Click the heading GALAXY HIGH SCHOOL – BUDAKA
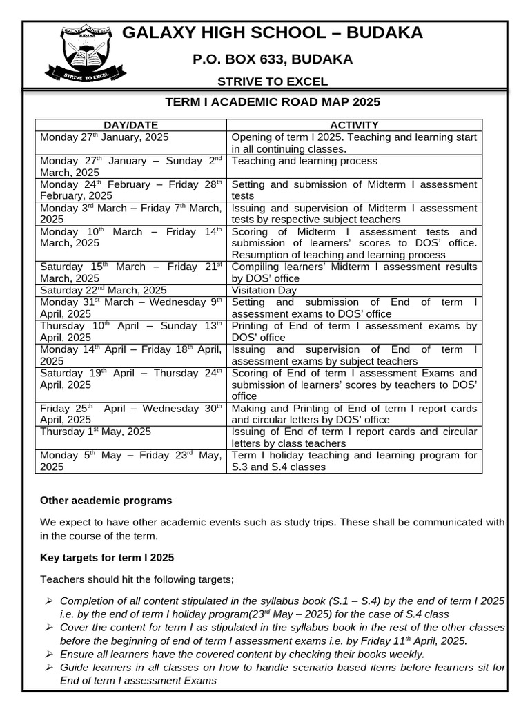pyautogui.click(x=273, y=32)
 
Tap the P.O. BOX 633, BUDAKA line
pyautogui.click(x=273, y=59)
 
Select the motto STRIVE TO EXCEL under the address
pyautogui.click(x=273, y=81)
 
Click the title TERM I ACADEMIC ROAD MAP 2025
pyautogui.click(x=273, y=102)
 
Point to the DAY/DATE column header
pyautogui.click(x=130, y=125)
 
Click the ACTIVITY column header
pyautogui.click(x=354, y=125)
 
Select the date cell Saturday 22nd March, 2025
pyautogui.click(x=104, y=290)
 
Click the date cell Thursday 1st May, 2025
pyautogui.click(x=95, y=432)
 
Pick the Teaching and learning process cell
pyautogui.click(x=304, y=161)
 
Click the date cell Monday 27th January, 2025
pyautogui.click(x=109, y=137)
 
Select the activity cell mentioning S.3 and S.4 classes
pyautogui.click(x=354, y=461)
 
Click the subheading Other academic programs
pyautogui.click(x=106, y=500)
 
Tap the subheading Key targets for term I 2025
pyautogui.click(x=107, y=557)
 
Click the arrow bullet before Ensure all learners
pyautogui.click(x=49, y=653)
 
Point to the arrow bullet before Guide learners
pyautogui.click(x=49, y=667)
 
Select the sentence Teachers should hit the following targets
pyautogui.click(x=137, y=579)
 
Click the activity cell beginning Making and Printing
pyautogui.click(x=354, y=414)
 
